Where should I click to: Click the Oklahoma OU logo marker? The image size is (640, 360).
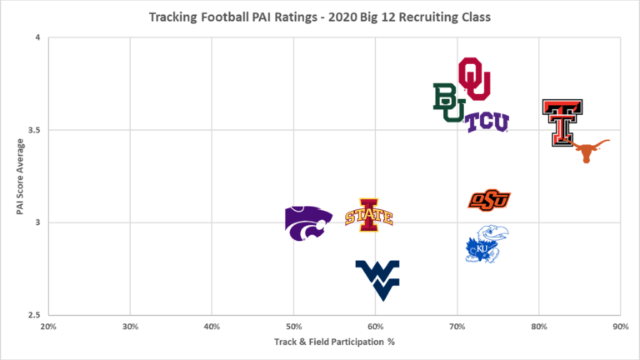[x=474, y=78]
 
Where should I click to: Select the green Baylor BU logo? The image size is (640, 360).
[x=448, y=102]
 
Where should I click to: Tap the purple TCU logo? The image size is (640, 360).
[x=487, y=122]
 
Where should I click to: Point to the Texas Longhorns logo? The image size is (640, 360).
[x=589, y=150]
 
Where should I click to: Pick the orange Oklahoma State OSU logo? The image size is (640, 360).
[x=489, y=200]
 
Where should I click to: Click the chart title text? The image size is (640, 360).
[x=319, y=17]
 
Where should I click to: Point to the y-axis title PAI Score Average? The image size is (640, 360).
[x=20, y=176]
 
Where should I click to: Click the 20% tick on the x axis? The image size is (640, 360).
[x=48, y=327]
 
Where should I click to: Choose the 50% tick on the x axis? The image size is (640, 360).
[x=293, y=327]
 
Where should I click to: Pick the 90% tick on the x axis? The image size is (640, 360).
[x=620, y=327]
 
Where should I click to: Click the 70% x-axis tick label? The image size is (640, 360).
[x=457, y=327]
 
